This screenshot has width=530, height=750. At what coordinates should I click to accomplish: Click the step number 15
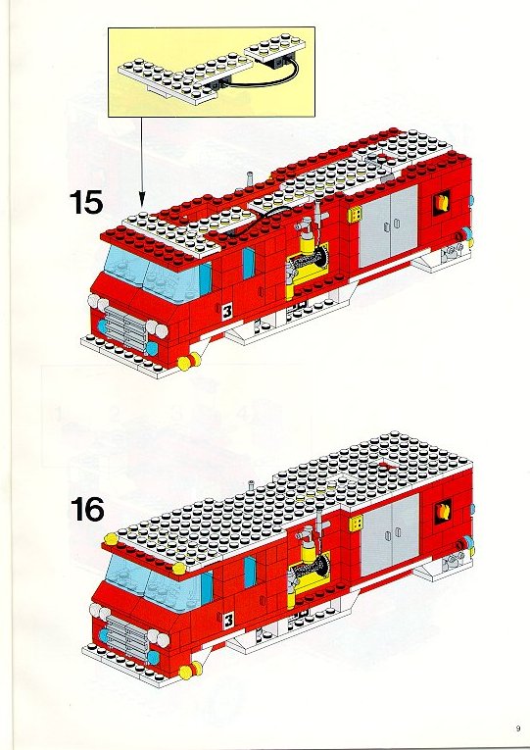point(86,202)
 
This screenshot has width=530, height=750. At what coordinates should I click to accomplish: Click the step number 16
point(87,510)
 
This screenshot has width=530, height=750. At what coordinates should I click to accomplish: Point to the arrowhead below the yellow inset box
point(141,199)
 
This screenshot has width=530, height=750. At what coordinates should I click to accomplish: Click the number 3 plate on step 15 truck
point(227,312)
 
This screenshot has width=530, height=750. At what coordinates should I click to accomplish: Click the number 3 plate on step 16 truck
point(228,621)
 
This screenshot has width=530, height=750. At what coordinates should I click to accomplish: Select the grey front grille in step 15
point(125,328)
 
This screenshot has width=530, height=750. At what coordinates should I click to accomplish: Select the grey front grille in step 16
point(126,637)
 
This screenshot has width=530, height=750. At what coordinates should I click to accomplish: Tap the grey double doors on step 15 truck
point(389,227)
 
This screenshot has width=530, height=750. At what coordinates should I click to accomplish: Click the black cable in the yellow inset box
point(263,77)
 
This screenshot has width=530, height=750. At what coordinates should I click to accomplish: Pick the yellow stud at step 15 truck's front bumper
point(189,361)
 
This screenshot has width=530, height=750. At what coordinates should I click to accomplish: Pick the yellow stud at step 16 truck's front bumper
point(190,670)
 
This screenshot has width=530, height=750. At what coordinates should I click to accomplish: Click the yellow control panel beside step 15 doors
point(354,215)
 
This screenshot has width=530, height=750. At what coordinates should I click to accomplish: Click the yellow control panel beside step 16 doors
point(356,524)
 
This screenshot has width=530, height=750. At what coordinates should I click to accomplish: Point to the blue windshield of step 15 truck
point(153,275)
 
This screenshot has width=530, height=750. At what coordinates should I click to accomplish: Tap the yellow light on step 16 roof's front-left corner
point(111,539)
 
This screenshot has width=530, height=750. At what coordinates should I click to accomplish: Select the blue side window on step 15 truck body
point(248,263)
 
